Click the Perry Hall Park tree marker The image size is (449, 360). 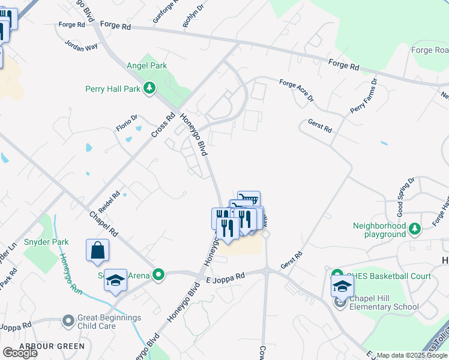coord(149,89)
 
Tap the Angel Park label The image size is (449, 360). coord(146,65)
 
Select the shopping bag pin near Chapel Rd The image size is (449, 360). coord(97,251)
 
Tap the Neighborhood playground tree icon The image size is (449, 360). coord(414,227)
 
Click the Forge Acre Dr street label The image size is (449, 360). coord(297,91)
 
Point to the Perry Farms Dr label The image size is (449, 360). coord(364,97)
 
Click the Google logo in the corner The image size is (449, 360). coord(20,353)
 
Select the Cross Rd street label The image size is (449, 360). coord(163,124)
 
